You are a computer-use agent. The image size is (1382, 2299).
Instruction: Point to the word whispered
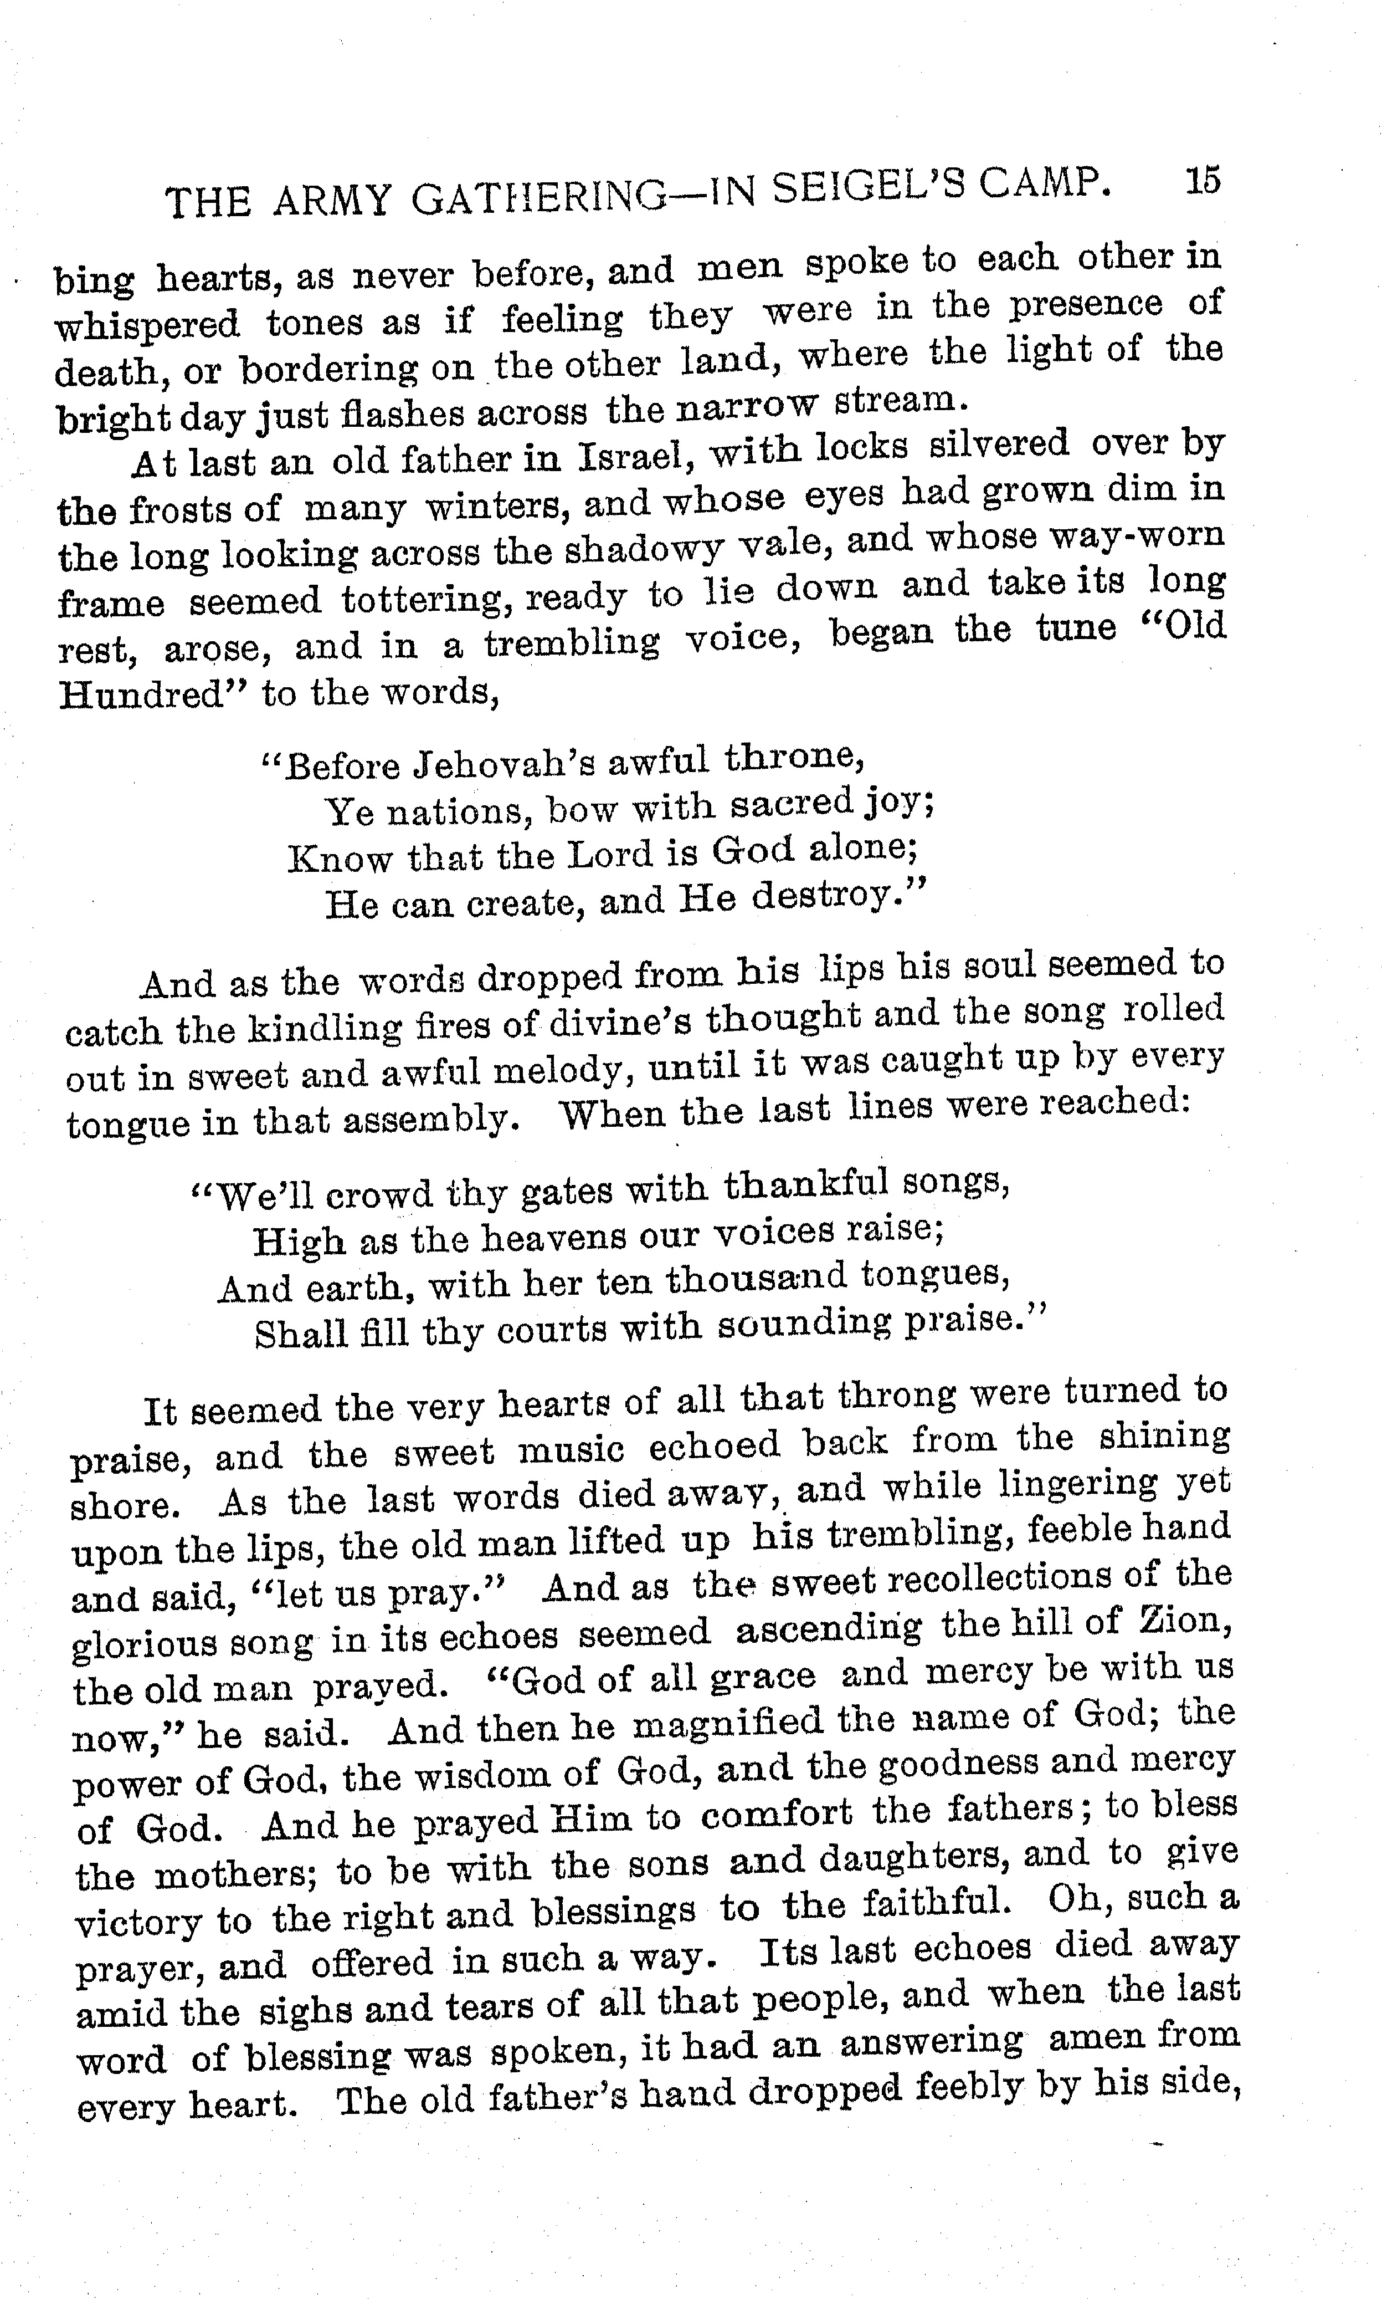tap(147, 326)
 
